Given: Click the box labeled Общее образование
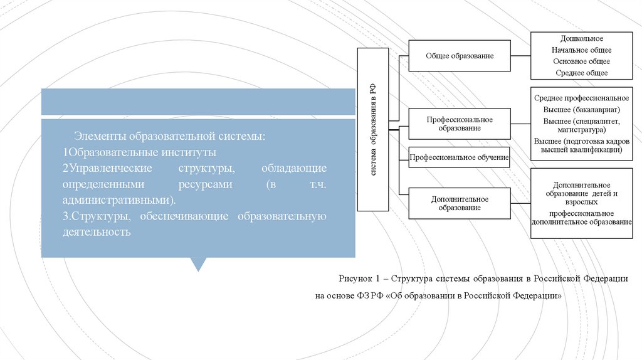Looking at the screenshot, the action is click(460, 56).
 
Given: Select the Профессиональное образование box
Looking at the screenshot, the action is click(460, 124).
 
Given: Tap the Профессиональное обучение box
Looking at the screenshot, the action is click(459, 157).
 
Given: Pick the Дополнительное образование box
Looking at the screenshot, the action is click(460, 203).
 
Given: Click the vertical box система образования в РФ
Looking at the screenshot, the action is click(373, 129).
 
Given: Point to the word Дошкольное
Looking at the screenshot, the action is click(581, 39).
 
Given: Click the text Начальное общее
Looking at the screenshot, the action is click(581, 50).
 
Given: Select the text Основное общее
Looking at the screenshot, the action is click(581, 61).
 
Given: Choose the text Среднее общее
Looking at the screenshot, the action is click(581, 73).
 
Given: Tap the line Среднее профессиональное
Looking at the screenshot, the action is click(581, 98).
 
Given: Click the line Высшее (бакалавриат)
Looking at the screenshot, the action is click(581, 110).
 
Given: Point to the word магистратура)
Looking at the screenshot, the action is click(581, 130).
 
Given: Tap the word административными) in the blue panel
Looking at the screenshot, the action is click(118, 200).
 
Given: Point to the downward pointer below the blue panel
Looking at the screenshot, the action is click(198, 264).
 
